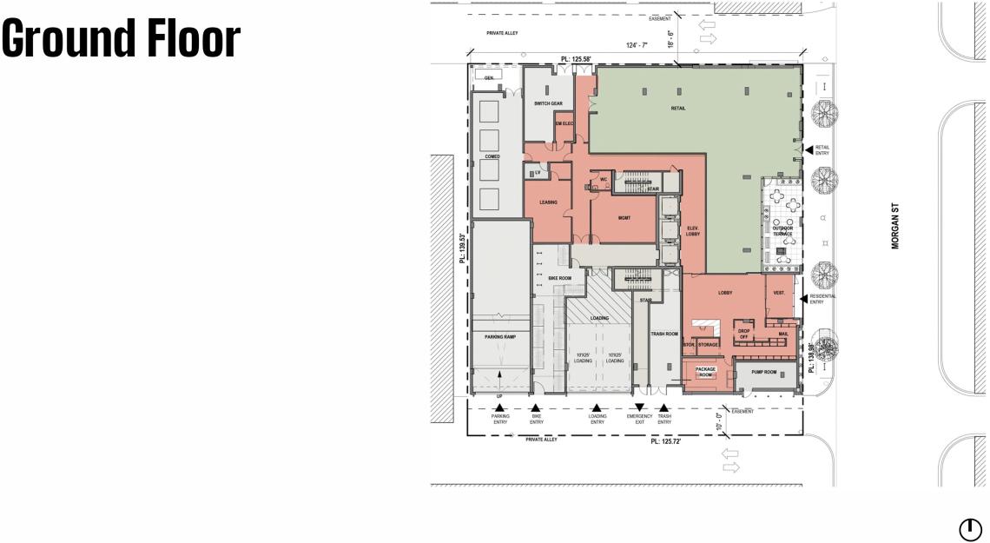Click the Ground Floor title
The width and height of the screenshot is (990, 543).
tap(121, 39)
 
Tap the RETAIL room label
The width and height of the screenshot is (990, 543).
tap(678, 109)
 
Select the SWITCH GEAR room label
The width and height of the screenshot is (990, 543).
tap(548, 103)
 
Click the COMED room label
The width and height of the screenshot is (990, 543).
tap(492, 157)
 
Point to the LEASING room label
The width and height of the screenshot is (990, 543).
tap(548, 202)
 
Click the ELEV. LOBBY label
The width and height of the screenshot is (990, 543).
tap(693, 231)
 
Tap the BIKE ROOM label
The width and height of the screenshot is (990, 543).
tap(559, 278)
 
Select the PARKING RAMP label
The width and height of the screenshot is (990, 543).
tap(500, 337)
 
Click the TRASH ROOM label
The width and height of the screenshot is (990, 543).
tap(663, 334)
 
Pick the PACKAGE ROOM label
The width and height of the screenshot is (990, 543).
tap(705, 372)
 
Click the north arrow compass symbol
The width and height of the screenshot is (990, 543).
tap(969, 529)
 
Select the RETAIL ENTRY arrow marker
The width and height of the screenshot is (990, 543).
tap(808, 149)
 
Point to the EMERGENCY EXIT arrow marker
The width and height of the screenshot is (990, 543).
tap(639, 407)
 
